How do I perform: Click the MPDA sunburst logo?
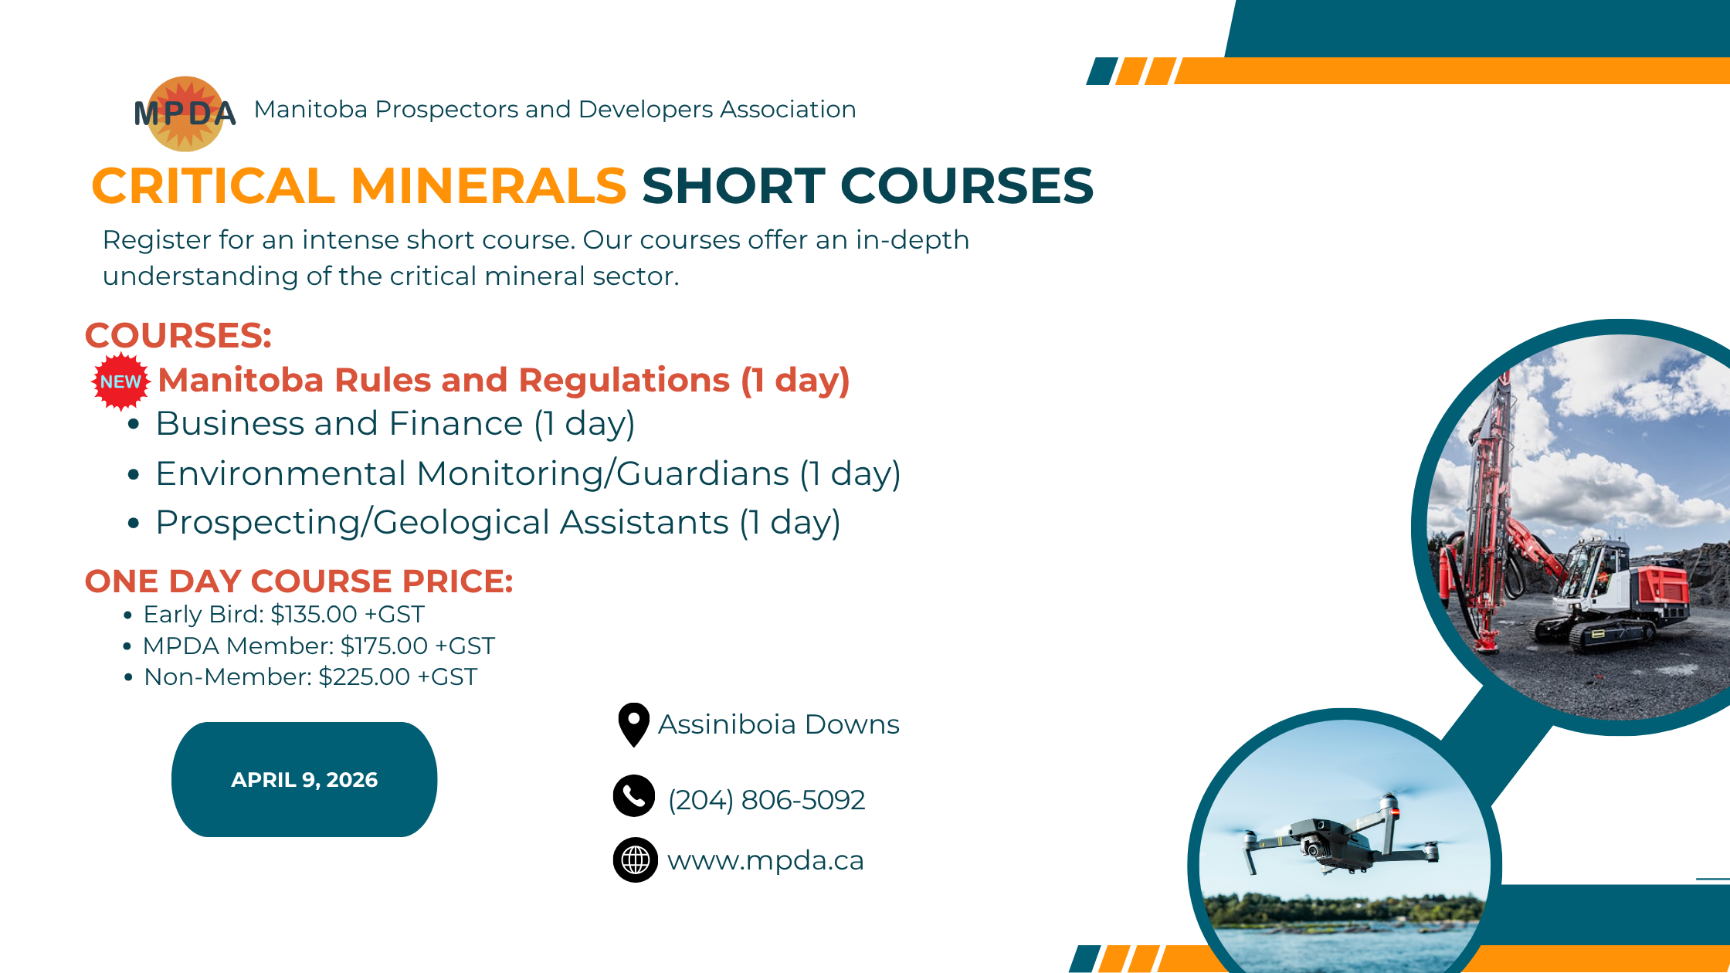point(185,114)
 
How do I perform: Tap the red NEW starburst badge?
point(120,381)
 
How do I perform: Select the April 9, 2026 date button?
point(304,779)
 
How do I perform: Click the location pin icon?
point(634,724)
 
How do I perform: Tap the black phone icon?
point(634,795)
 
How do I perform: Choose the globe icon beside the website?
point(635,859)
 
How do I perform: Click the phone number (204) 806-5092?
point(766,800)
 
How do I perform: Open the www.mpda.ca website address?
point(765,860)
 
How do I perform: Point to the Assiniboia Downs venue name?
point(778,724)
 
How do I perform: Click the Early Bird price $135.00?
point(314,614)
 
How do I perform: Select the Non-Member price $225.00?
point(365,676)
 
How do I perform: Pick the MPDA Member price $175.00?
point(384,646)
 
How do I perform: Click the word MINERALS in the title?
point(488,186)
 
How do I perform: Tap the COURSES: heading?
point(178,336)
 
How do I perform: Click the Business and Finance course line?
point(395,424)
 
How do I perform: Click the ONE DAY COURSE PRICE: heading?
point(299,581)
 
